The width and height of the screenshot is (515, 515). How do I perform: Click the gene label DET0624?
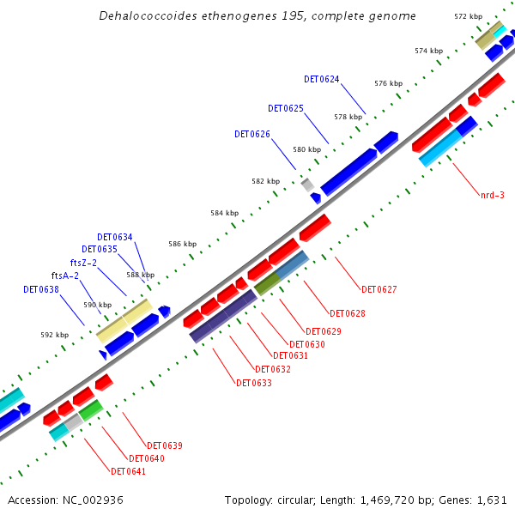coord(322,79)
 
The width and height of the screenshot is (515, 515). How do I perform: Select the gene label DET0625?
coord(286,109)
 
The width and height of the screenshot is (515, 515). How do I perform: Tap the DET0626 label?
coord(252,135)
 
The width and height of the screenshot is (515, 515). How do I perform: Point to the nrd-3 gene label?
coord(493,195)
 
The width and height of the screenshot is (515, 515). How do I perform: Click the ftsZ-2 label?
coord(83,263)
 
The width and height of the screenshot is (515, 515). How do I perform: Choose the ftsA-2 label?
coord(65,276)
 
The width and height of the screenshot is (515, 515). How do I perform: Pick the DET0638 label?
coord(41,289)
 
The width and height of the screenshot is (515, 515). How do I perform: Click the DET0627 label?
coord(379,289)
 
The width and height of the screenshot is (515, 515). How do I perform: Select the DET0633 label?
coord(254,383)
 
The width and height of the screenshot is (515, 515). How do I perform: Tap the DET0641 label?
coord(129,471)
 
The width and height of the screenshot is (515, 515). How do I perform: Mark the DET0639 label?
coord(165,445)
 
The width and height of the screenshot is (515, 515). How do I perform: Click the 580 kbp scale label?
coord(307,149)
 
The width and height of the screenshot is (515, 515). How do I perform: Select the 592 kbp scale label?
coord(54,335)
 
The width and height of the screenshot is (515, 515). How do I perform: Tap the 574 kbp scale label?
coord(428,51)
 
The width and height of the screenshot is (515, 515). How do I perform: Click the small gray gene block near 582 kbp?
coord(307,184)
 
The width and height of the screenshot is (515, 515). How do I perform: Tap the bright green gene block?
coord(91,410)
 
